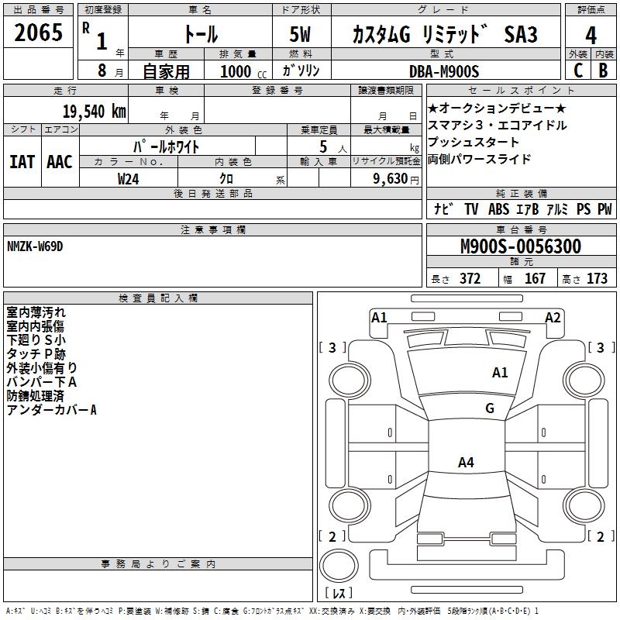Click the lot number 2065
(38, 33)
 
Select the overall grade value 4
(591, 35)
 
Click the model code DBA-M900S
(444, 71)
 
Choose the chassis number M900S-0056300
(520, 246)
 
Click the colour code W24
(128, 178)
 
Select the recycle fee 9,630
(387, 178)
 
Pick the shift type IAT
(22, 162)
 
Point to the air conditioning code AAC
(60, 162)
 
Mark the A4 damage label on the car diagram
(466, 463)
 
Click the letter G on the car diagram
(490, 408)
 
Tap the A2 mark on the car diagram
(553, 317)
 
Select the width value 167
(535, 279)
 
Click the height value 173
(597, 279)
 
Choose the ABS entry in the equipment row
(498, 209)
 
